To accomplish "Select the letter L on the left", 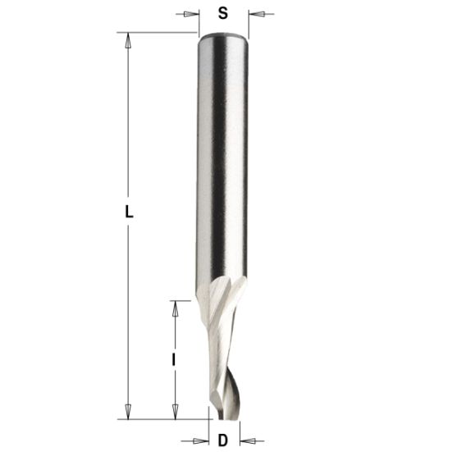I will pos(129,211).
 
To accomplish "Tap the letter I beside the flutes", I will pos(175,359).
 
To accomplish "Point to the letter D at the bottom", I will pos(223,441).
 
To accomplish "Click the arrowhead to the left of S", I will pos(193,13).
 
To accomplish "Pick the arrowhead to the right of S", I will pos(253,13).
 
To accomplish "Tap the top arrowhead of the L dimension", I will pos(128,38).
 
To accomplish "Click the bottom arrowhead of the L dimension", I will pos(128,413).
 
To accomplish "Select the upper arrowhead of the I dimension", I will pos(175,306).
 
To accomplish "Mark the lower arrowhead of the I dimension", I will pos(175,413).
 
